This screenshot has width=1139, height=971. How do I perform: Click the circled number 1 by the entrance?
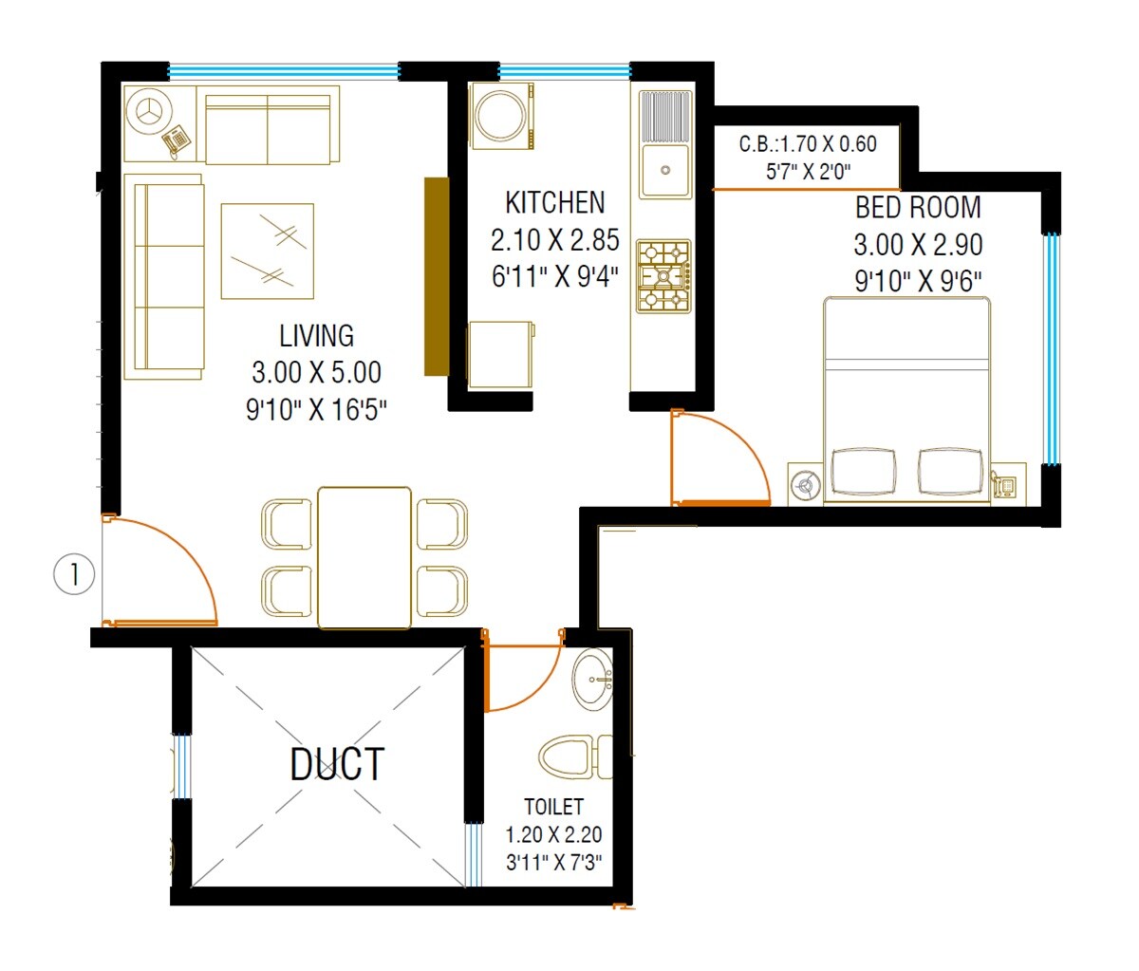(x=74, y=574)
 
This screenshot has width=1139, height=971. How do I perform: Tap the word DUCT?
(x=337, y=765)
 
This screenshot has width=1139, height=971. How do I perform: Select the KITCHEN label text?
(x=554, y=203)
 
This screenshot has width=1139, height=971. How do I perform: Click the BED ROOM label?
(x=918, y=208)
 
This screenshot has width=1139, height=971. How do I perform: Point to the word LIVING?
(x=316, y=336)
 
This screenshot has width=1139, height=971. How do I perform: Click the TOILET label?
(x=553, y=807)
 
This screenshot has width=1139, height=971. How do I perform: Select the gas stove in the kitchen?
(x=663, y=275)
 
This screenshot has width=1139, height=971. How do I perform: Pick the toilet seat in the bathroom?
(x=569, y=757)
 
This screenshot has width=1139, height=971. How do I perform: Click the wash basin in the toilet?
(x=593, y=680)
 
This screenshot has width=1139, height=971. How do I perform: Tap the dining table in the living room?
(x=364, y=557)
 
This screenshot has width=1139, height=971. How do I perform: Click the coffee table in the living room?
(x=267, y=251)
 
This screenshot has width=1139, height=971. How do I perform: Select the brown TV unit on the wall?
(x=436, y=276)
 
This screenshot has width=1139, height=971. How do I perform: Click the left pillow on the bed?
(x=863, y=471)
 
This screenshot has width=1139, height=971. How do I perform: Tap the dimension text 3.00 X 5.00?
(x=316, y=372)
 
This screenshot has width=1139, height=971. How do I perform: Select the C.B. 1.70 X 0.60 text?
(x=808, y=144)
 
